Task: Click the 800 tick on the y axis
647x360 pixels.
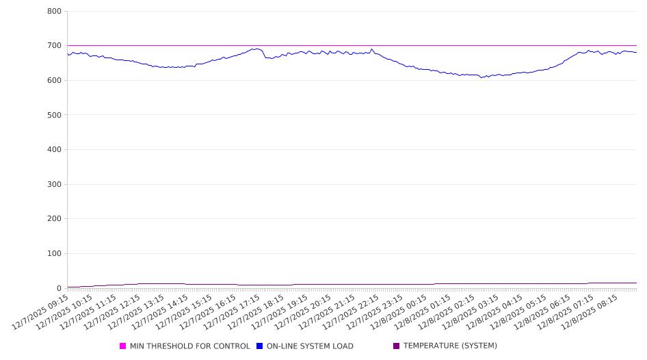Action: pyautogui.click(x=55, y=12)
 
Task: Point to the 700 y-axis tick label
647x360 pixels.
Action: pyautogui.click(x=55, y=46)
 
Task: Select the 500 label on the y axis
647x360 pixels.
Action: pyautogui.click(x=55, y=115)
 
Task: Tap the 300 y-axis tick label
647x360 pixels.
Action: pyautogui.click(x=55, y=185)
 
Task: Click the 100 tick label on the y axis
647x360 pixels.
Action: pyautogui.click(x=55, y=254)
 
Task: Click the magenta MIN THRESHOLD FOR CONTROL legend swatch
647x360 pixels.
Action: pyautogui.click(x=123, y=346)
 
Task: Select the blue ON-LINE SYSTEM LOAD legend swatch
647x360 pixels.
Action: pyautogui.click(x=260, y=346)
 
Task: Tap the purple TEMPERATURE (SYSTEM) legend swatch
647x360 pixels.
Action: pyautogui.click(x=396, y=346)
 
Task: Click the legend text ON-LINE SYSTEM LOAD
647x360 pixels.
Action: pyautogui.click(x=310, y=346)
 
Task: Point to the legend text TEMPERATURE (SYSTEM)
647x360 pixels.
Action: pyautogui.click(x=450, y=346)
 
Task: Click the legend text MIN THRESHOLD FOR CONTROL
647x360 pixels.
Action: pyautogui.click(x=189, y=346)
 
